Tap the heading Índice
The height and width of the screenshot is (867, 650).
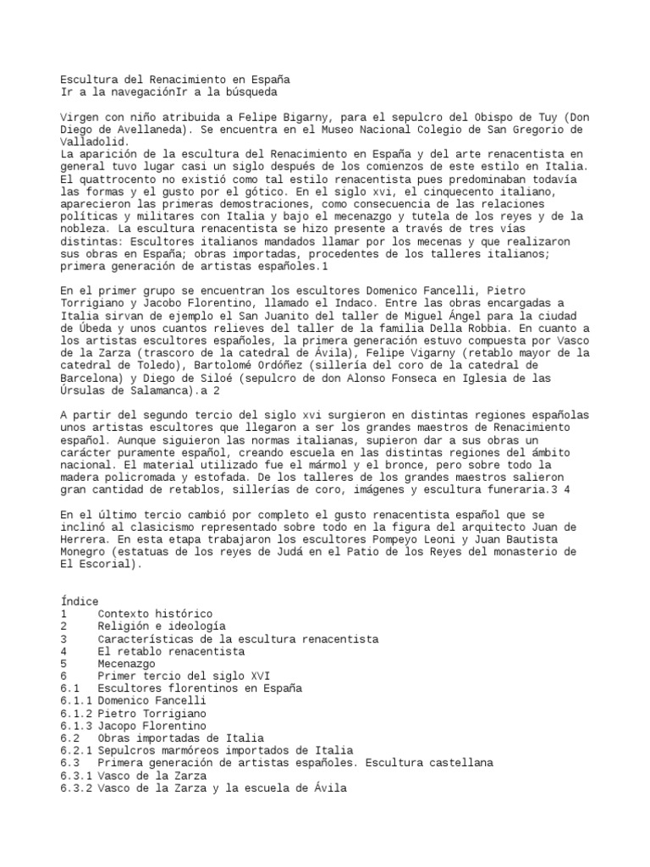click(80, 601)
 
